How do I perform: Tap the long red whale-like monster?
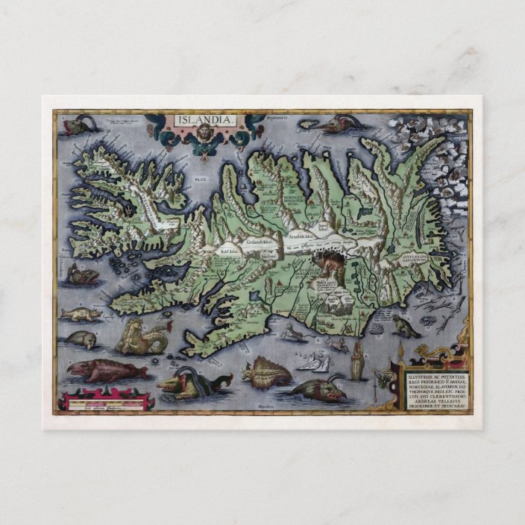tap(97, 370)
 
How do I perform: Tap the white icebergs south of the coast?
tap(316, 362)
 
